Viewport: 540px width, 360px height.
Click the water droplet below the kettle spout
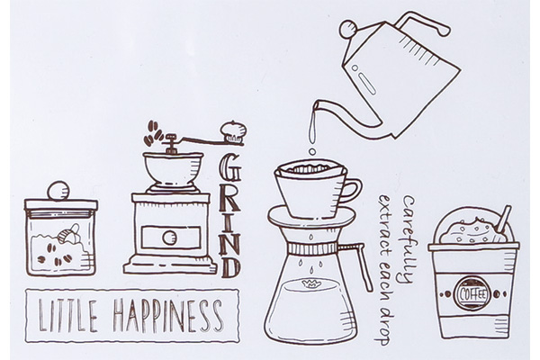(x=312, y=151)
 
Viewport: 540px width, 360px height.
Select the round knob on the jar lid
(x=58, y=191)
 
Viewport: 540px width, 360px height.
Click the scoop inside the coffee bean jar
(x=70, y=234)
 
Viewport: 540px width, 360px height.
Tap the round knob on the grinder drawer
(x=169, y=238)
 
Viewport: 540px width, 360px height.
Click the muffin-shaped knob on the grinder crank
(x=233, y=131)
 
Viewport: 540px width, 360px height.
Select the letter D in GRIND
(x=230, y=266)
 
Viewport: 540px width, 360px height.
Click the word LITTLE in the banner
(x=67, y=315)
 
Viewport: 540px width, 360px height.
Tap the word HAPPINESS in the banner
(x=168, y=315)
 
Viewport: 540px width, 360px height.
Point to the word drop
(x=382, y=326)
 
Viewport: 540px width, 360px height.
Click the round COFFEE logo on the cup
(x=472, y=294)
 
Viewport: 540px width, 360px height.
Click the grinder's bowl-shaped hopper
(x=173, y=169)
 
